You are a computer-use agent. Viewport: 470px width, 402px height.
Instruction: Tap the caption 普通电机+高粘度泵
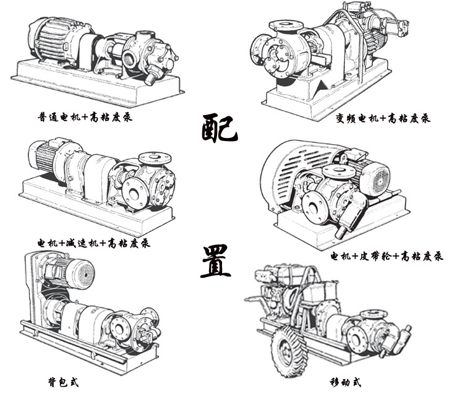click(85, 116)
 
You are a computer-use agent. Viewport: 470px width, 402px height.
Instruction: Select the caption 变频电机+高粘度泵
click(383, 118)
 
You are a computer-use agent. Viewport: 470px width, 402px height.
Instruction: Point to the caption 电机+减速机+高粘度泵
click(93, 242)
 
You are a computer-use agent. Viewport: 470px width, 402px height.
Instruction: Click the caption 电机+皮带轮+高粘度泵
click(387, 256)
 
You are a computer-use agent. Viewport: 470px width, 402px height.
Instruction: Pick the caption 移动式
click(346, 382)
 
